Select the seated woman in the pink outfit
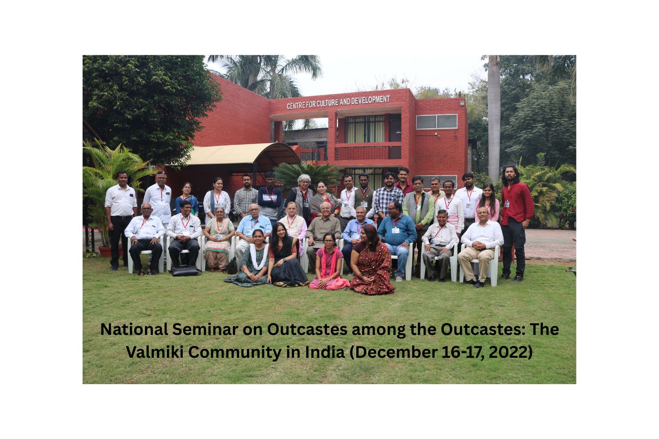[x=329, y=263]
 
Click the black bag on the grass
[x=185, y=271]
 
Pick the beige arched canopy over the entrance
[x=243, y=154]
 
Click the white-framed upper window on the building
[x=437, y=122]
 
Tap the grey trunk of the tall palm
[x=494, y=118]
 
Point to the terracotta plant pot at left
[x=110, y=252]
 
